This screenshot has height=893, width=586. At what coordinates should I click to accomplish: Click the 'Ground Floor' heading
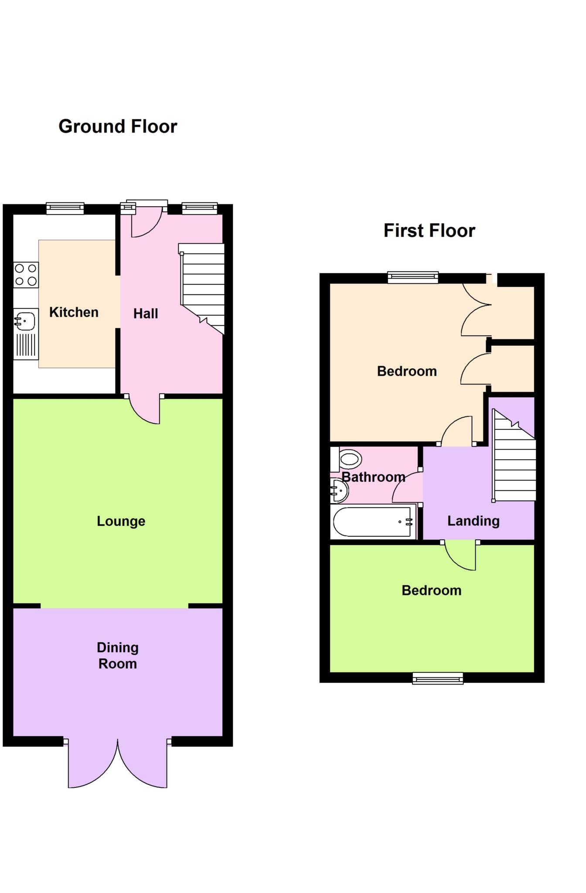point(118,126)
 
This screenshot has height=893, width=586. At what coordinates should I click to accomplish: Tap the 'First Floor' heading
point(429,231)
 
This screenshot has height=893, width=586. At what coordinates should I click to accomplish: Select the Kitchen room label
point(74,312)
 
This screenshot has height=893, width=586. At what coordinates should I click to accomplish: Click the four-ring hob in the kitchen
point(26,275)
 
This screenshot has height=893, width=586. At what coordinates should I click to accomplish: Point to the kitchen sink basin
point(26,321)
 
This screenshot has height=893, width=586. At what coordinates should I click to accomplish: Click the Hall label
point(145,314)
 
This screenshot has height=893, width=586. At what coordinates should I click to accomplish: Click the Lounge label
point(121,521)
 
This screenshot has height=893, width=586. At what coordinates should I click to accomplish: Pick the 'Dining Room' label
point(118,655)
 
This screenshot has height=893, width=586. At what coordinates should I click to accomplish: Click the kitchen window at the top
point(65,208)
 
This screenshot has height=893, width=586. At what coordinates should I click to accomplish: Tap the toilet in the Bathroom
point(349,459)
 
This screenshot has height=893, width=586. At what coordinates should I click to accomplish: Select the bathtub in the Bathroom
point(373,521)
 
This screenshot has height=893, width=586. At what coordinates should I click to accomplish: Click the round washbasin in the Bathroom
point(339,491)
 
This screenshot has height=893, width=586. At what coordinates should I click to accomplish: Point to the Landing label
point(473,521)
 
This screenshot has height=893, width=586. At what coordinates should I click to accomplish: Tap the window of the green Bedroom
point(438,678)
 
